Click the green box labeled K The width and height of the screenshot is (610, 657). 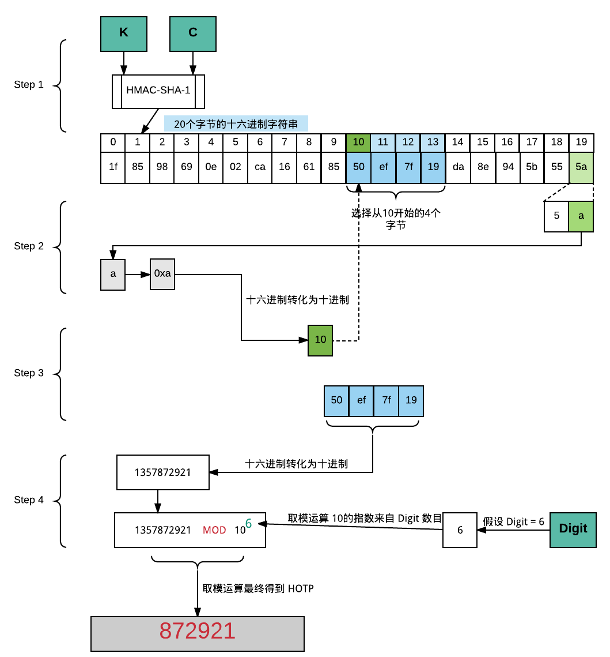click(124, 33)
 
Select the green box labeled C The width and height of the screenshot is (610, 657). click(192, 33)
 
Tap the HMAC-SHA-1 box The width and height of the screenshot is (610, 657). click(158, 91)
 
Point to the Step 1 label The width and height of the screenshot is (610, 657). click(29, 85)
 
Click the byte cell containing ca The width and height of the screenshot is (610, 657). click(260, 167)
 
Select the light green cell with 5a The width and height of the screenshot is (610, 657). click(581, 167)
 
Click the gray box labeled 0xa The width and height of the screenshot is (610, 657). click(162, 273)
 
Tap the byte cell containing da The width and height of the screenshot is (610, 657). click(457, 167)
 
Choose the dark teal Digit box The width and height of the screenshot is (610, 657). click(573, 529)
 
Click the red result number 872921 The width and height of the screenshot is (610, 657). click(198, 631)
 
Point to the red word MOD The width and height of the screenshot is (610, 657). click(214, 530)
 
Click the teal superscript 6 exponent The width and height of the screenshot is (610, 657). click(249, 523)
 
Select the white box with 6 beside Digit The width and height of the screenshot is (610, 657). click(460, 530)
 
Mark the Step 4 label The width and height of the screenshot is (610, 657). click(29, 500)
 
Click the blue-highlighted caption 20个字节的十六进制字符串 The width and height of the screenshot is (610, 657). click(236, 123)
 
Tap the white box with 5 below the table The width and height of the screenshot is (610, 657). click(556, 216)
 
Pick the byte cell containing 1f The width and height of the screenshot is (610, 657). click(113, 167)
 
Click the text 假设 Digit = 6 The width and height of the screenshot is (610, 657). click(513, 521)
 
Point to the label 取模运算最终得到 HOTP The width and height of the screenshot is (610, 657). click(258, 588)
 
